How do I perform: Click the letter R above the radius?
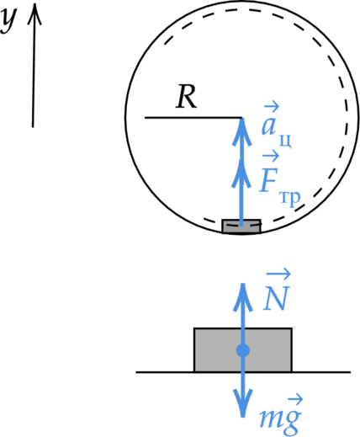(187, 97)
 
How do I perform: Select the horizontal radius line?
(193, 117)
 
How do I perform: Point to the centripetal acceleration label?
(276, 125)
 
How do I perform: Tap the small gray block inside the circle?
(241, 226)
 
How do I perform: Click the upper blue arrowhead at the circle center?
(242, 131)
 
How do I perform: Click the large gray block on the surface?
(243, 350)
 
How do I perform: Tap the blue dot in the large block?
(243, 350)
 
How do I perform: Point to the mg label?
(281, 415)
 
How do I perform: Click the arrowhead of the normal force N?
(243, 297)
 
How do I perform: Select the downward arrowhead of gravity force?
(243, 403)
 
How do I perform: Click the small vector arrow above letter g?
(295, 400)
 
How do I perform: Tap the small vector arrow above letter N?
(278, 274)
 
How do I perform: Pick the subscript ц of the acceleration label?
(285, 141)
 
